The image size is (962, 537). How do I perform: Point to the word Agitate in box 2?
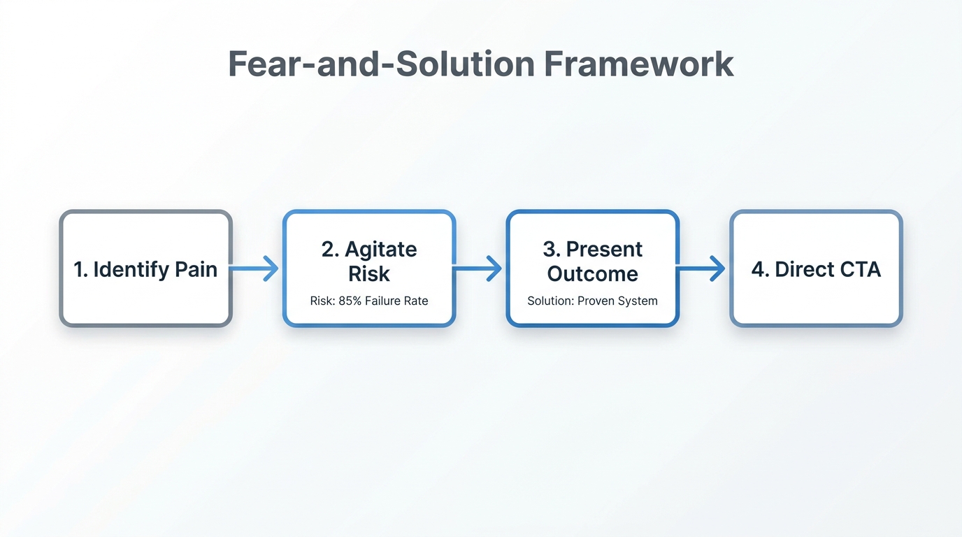pos(380,250)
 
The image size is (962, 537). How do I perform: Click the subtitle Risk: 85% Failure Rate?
pos(369,301)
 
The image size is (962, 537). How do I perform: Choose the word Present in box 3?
pos(604,250)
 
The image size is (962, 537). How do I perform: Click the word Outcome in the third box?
pos(593,274)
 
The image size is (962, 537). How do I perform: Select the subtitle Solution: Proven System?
pos(593,301)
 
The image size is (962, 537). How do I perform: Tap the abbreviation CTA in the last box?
pos(857,270)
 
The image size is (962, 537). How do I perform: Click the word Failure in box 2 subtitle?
pos(382,301)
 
